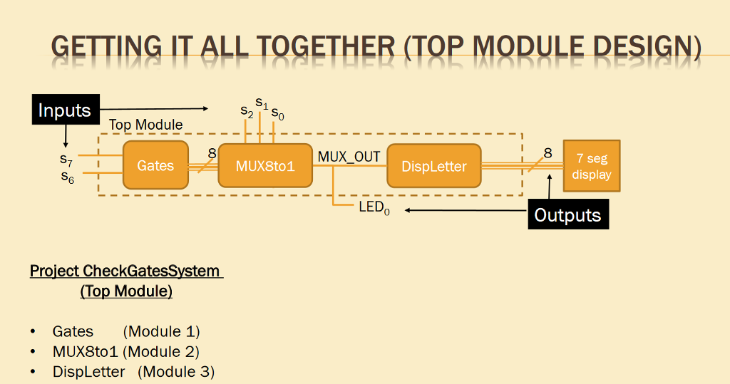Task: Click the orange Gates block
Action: point(155,165)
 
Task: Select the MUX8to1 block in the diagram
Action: point(265,166)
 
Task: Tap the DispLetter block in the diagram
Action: point(433,166)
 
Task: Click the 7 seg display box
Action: point(591,166)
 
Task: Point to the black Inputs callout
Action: point(64,110)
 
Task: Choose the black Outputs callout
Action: point(567,214)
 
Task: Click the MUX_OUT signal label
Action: point(349,156)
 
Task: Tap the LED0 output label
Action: point(374,209)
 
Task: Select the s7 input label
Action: point(66,161)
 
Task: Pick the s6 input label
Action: point(66,176)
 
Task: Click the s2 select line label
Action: point(247,111)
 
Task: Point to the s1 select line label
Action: point(262,103)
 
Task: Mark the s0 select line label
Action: point(277,114)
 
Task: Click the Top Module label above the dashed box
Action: point(145,125)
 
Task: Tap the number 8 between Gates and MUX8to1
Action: point(212,153)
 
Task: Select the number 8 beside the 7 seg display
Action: point(547,153)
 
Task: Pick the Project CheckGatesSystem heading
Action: point(126,271)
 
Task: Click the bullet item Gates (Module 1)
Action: point(125,331)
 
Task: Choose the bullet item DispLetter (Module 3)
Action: point(133,371)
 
